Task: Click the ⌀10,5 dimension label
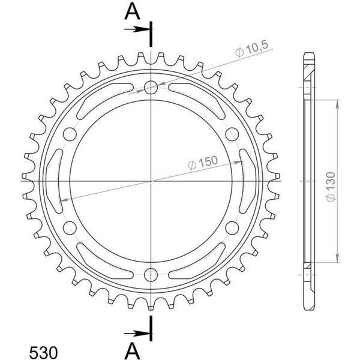(x=251, y=49)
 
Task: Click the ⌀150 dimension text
(x=203, y=163)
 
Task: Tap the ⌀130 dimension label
(x=331, y=187)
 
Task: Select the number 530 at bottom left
(x=43, y=352)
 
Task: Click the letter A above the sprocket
(x=132, y=12)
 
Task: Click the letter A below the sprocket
(x=132, y=352)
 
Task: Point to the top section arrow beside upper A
(x=137, y=29)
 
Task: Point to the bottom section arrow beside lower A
(x=137, y=333)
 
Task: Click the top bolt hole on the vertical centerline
(x=151, y=88)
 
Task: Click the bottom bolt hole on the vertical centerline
(x=151, y=275)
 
